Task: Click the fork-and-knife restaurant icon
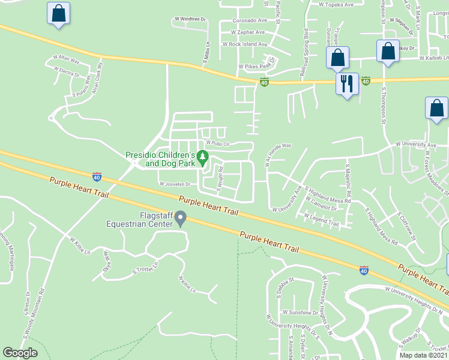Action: tap(346, 83)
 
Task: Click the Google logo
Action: tap(20, 353)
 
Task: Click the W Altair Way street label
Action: tap(66, 61)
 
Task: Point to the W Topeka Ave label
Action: tap(336, 4)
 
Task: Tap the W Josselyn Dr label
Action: tap(174, 184)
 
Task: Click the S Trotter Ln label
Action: tap(145, 268)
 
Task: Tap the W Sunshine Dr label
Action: tap(300, 313)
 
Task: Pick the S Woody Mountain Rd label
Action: tap(34, 313)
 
